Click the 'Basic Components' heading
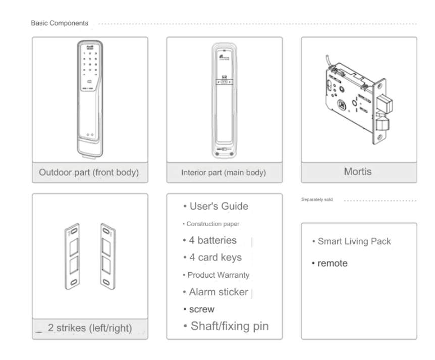[x=60, y=23]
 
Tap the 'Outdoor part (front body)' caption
[x=89, y=173]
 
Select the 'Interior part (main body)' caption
[x=224, y=173]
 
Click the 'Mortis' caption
[x=358, y=172]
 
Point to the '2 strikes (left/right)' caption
[x=90, y=328]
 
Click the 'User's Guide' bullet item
[x=215, y=207]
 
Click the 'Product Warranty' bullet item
[x=215, y=275]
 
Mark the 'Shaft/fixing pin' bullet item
[x=226, y=326]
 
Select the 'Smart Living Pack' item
[x=351, y=241]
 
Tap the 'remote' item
[x=330, y=264]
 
